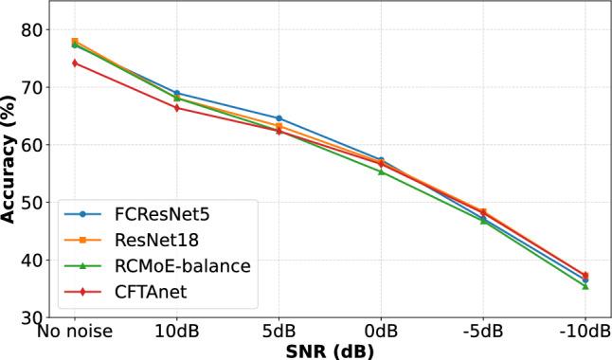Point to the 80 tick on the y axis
(x=32, y=30)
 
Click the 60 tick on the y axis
(x=32, y=145)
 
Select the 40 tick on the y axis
(x=32, y=261)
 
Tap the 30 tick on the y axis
(x=32, y=318)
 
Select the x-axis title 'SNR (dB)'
(x=330, y=351)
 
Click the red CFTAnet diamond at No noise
(x=74, y=63)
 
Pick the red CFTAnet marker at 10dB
(x=176, y=108)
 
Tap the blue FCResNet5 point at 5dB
(x=279, y=118)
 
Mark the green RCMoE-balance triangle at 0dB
(x=381, y=171)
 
